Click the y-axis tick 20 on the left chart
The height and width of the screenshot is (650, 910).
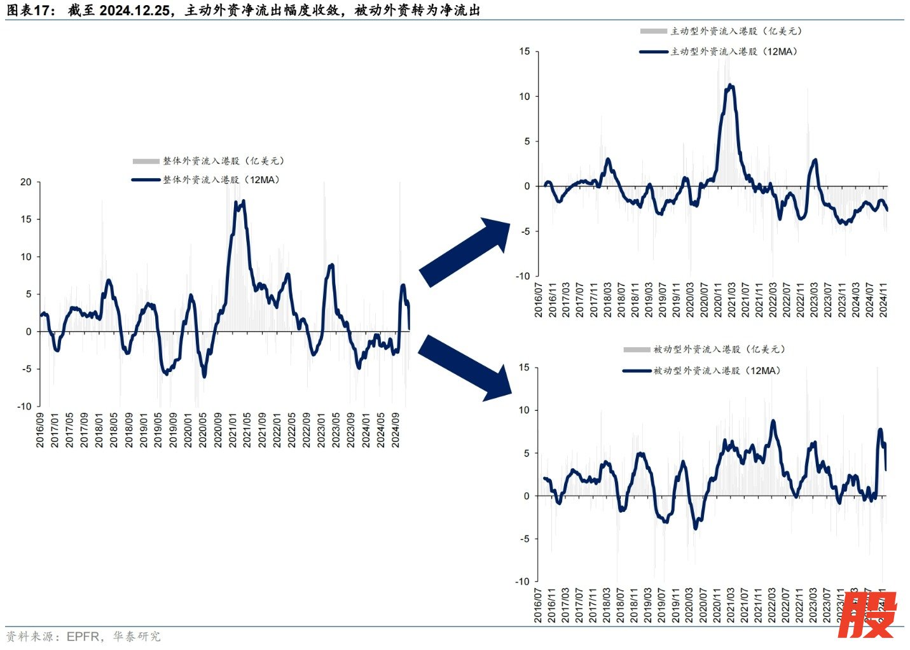[25, 182]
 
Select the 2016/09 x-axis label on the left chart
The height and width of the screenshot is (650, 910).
[40, 430]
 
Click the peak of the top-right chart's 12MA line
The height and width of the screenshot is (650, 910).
[731, 85]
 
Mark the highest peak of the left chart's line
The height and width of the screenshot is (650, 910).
[244, 201]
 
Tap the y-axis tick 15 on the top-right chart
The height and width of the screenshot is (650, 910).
[524, 52]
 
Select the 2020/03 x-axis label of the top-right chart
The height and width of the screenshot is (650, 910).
[689, 300]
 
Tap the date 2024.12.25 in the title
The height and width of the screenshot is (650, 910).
[135, 10]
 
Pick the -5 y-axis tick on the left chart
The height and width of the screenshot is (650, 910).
[25, 369]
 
